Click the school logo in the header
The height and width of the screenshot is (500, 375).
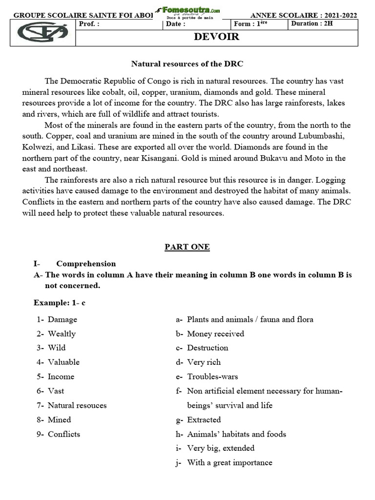click(x=42, y=33)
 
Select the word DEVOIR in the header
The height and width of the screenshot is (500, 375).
click(x=217, y=37)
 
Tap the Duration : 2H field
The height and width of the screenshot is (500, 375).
click(x=312, y=23)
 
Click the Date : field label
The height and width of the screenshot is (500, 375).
click(x=176, y=23)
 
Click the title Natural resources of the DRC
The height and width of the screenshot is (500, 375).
click(x=187, y=64)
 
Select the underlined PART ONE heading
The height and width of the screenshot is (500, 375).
click(x=187, y=247)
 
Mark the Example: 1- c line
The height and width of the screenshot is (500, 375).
click(x=60, y=303)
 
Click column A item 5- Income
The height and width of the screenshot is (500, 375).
click(x=56, y=376)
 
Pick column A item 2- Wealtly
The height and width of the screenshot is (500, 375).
click(x=56, y=333)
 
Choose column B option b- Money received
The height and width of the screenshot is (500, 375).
click(x=210, y=333)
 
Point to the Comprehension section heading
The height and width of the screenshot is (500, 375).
click(x=86, y=264)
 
